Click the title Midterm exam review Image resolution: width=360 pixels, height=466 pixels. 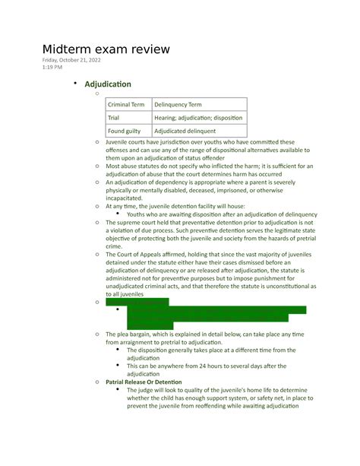106,49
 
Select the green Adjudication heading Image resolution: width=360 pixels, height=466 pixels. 108,84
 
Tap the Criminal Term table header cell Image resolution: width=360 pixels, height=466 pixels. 128,104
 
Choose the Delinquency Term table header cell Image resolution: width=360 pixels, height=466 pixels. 178,104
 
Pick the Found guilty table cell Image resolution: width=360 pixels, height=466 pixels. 125,131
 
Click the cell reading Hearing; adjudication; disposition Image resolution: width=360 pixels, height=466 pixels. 198,118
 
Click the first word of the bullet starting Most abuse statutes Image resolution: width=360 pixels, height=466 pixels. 113,166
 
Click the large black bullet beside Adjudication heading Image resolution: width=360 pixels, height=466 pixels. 75,83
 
